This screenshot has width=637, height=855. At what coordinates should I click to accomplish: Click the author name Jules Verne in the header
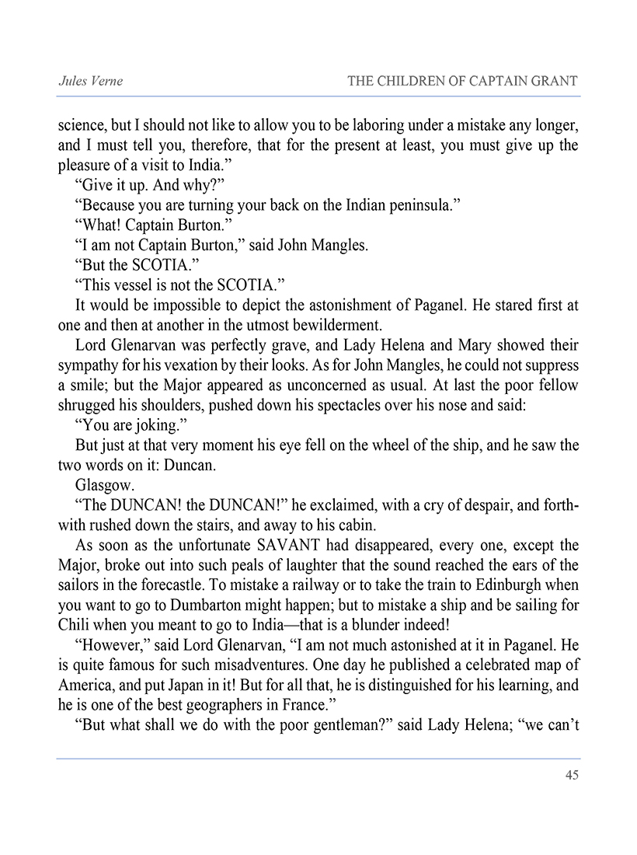tap(91, 81)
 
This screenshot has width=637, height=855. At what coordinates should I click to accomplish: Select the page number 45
tap(571, 774)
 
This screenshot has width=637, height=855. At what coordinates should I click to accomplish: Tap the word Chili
tap(74, 624)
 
